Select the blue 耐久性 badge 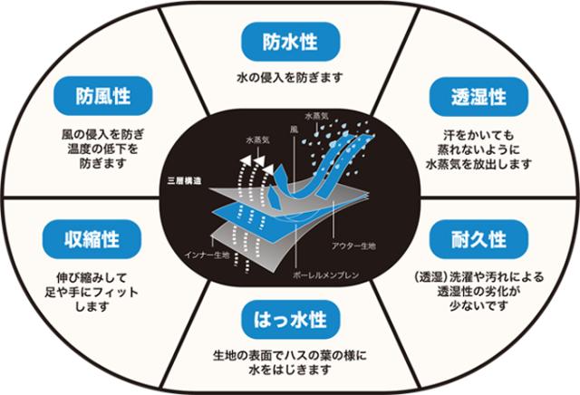coord(478,239)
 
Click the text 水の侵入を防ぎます coord(289,78)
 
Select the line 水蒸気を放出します coord(477,165)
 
